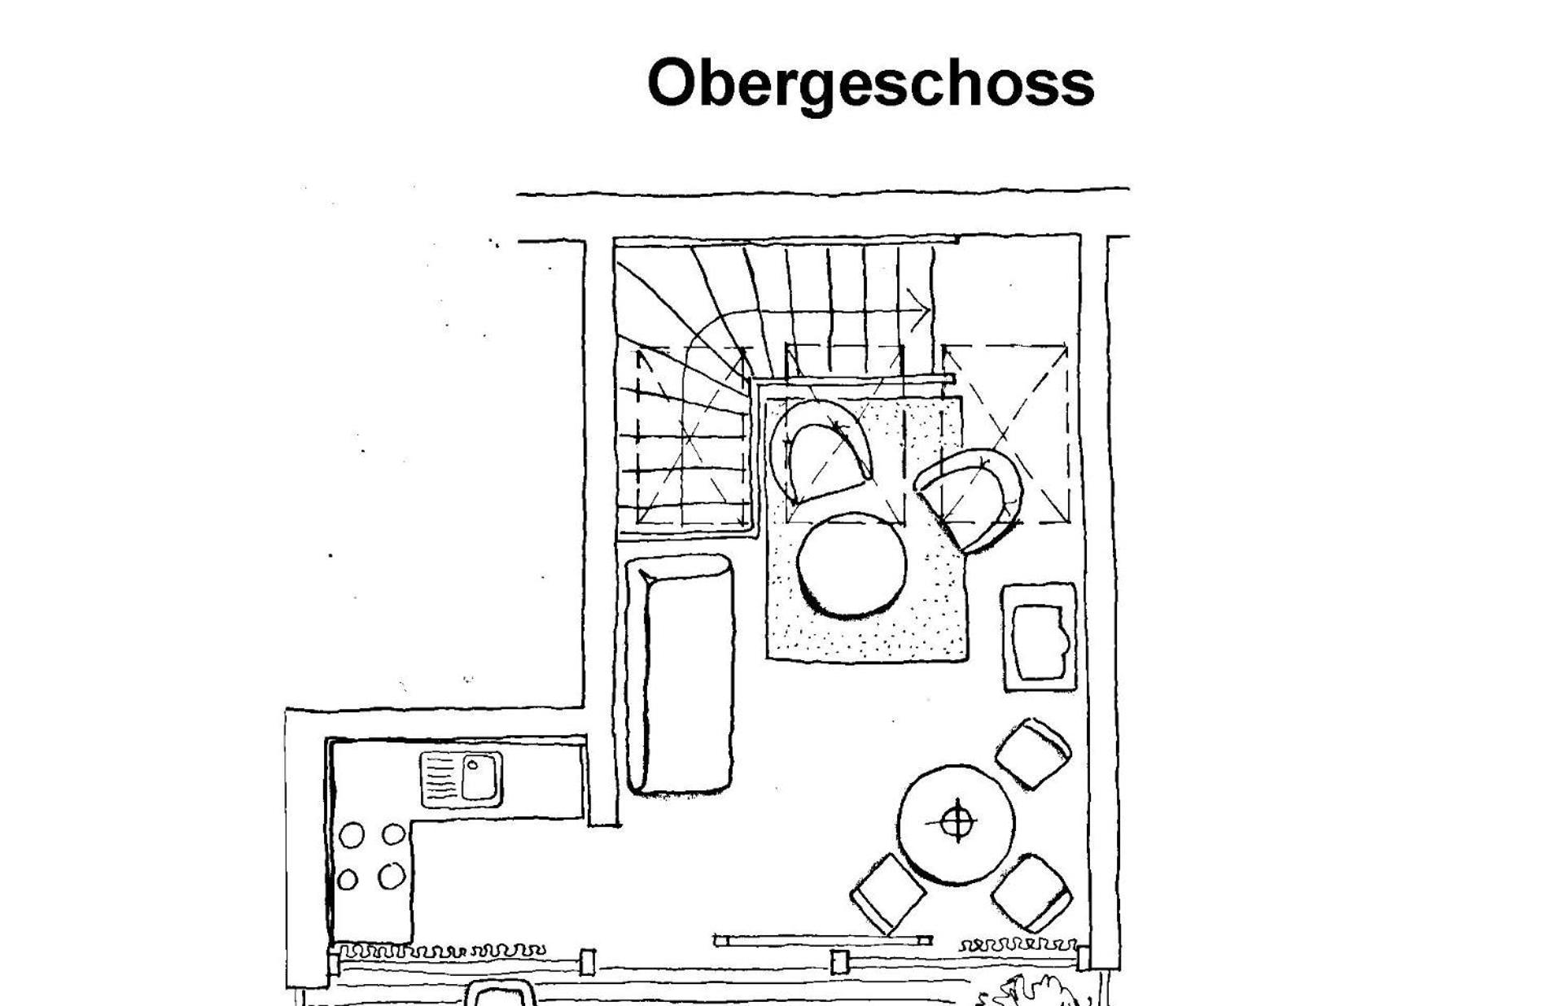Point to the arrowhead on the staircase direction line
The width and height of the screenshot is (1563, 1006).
coord(921,310)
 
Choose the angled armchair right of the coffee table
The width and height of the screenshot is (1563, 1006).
coord(971,497)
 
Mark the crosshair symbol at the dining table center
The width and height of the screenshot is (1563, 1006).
coord(957,822)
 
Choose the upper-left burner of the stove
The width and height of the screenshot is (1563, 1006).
coord(352,836)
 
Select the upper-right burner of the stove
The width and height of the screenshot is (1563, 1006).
coord(394,834)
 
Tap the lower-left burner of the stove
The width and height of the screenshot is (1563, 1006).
coord(348,880)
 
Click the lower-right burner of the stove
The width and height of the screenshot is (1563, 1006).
coord(392,876)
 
